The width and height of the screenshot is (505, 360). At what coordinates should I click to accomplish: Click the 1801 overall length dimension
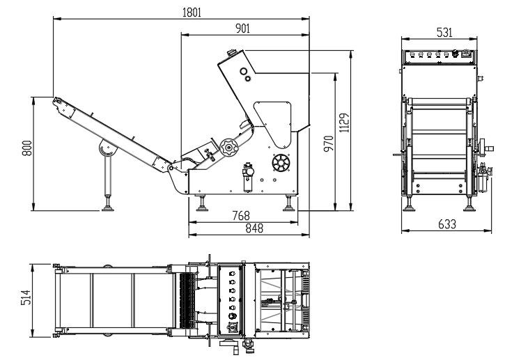[x=192, y=13]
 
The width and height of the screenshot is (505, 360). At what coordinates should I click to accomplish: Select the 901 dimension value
[x=242, y=29]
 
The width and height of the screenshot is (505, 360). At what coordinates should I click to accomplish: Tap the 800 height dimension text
[x=27, y=148]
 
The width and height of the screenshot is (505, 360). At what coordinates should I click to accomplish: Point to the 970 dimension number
[x=329, y=143]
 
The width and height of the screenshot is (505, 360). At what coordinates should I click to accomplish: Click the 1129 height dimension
[x=344, y=123]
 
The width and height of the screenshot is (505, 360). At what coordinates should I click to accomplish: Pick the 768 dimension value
[x=241, y=215]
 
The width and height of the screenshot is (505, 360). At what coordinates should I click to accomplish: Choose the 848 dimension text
[x=254, y=228]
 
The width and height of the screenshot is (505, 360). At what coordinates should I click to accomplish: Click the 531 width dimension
[x=444, y=32]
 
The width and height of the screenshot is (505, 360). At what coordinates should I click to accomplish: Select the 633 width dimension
[x=447, y=224]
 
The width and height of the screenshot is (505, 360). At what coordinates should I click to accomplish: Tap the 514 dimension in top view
[x=26, y=297]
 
